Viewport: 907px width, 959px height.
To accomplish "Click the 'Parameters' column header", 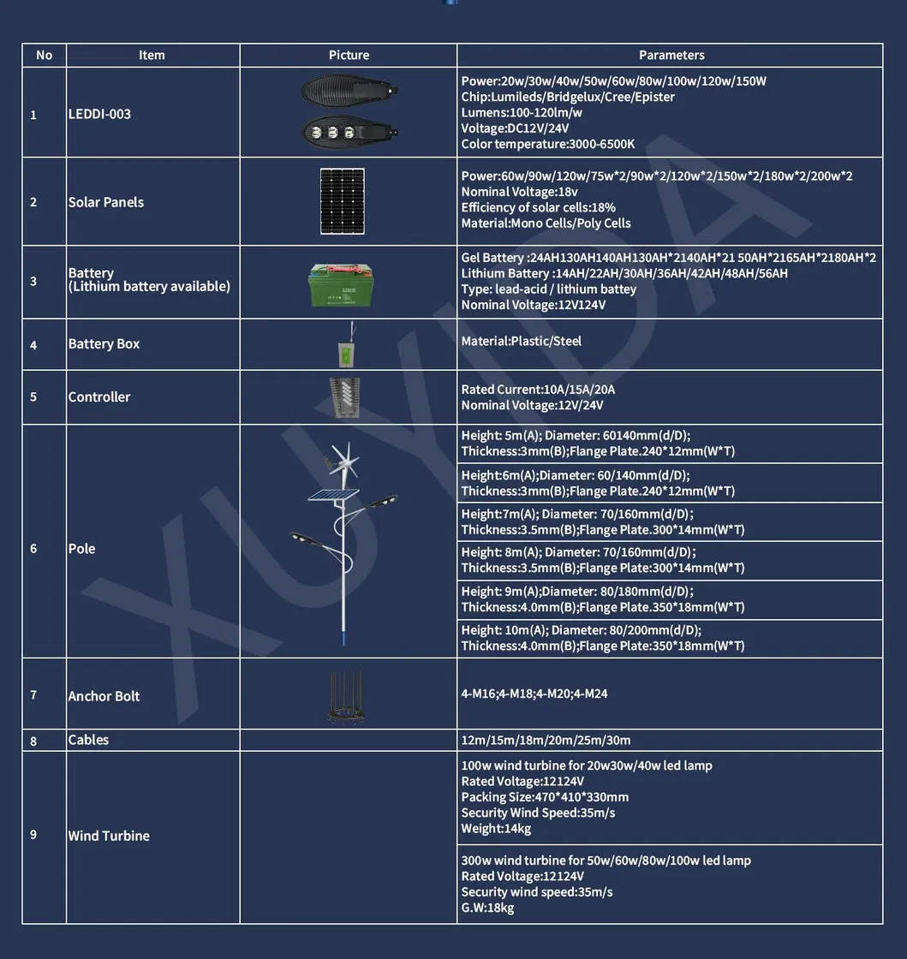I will coord(671,55).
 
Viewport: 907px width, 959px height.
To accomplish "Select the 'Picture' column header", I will coord(349,55).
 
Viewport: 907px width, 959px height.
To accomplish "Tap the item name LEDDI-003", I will coord(99,114).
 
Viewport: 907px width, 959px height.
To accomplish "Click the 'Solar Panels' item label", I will coord(105,202).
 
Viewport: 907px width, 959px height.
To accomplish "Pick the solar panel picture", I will coord(342,201).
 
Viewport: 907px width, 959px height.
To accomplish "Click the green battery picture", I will coord(343,284).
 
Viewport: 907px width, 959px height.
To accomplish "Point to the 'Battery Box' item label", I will coord(104,343).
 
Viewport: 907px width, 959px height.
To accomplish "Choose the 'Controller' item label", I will coord(99,396).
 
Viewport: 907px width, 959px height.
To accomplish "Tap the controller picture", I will coord(344,397).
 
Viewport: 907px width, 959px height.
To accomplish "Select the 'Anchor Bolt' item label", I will coord(104,696).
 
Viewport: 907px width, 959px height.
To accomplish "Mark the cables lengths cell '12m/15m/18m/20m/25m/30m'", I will coord(546,740).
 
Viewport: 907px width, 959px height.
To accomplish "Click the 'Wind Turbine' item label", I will coord(109,836).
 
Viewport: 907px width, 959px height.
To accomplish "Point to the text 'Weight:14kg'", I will coord(496,828).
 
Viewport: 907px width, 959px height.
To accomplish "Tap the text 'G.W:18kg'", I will coord(487,908).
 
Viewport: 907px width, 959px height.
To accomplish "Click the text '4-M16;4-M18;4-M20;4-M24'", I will coord(534,694).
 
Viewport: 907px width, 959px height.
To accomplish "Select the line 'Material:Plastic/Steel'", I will coord(521,341).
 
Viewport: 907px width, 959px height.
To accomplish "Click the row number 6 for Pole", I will coord(33,548).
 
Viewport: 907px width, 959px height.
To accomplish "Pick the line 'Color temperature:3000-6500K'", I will coord(548,144).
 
